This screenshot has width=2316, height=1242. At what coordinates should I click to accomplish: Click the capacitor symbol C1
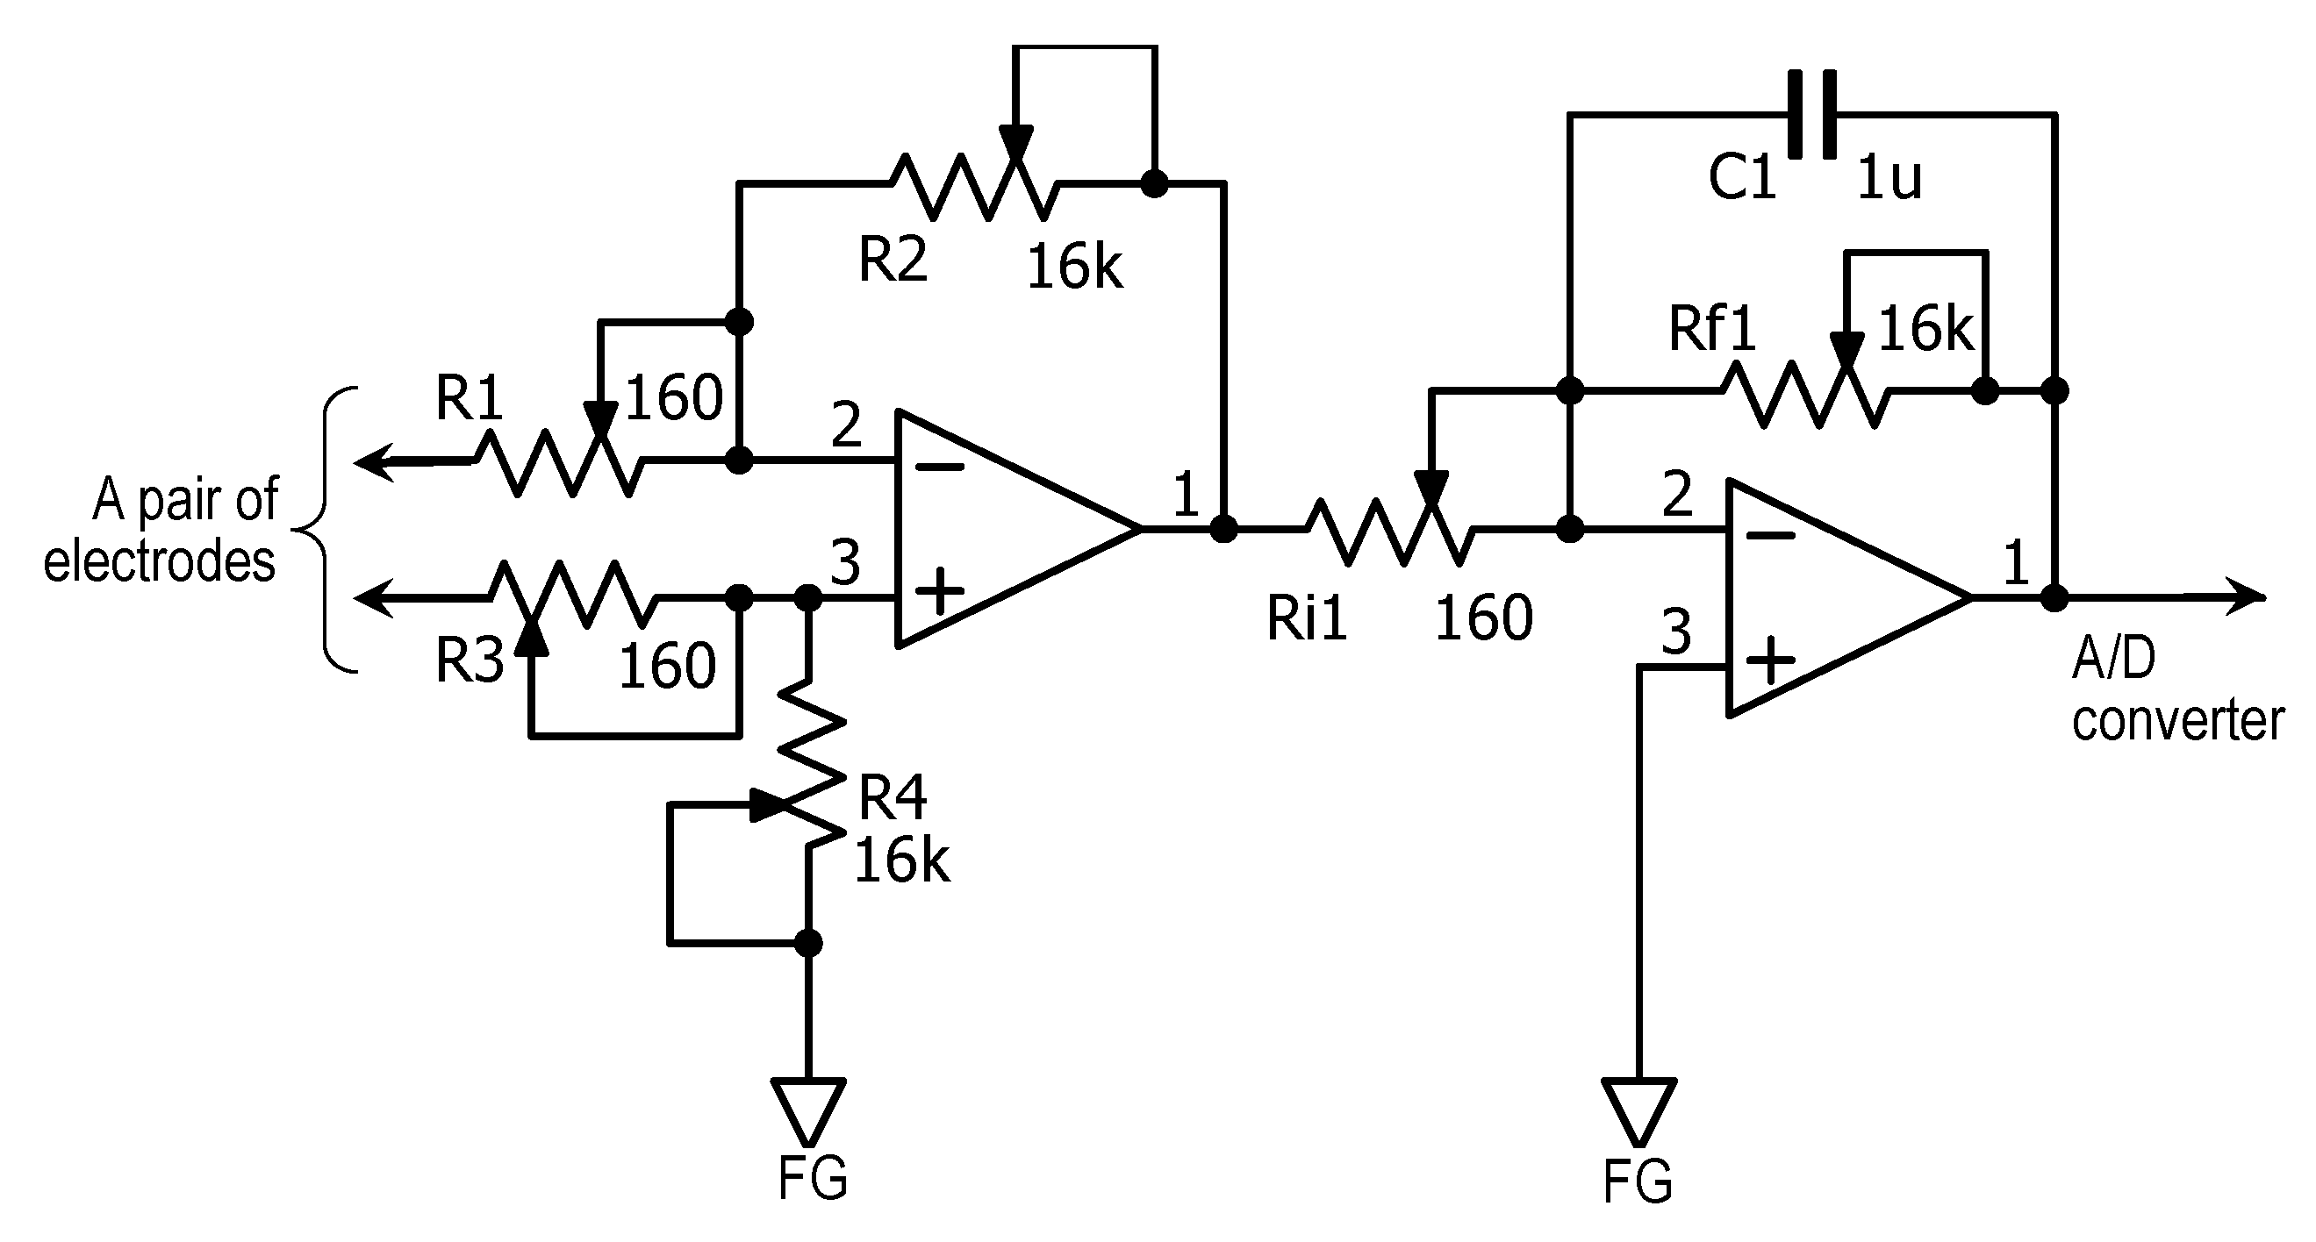[1811, 114]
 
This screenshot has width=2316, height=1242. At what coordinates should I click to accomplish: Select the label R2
[892, 259]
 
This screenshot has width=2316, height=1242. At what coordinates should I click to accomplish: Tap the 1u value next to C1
[1888, 178]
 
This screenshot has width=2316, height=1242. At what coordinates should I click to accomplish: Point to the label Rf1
[1712, 329]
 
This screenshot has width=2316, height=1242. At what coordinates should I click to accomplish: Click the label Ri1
[1307, 618]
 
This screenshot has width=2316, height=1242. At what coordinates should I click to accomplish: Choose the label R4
[892, 798]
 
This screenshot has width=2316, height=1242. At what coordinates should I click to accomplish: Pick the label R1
[469, 397]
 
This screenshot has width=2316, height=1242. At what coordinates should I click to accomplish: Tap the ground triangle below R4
[808, 1110]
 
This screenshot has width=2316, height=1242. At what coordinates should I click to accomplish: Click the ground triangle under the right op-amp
[1638, 1110]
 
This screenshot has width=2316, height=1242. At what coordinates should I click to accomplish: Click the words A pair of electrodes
[161, 531]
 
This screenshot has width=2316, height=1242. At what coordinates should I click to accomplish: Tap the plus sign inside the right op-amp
[1770, 661]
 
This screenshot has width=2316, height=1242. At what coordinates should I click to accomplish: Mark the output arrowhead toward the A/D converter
[2248, 596]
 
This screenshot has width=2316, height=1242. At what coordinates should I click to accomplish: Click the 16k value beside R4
[901, 861]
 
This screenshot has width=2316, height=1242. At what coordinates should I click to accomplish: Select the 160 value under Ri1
[1483, 618]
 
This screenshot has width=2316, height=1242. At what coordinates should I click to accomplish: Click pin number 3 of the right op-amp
[1676, 632]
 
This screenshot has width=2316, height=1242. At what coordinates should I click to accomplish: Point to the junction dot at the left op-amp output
[1223, 528]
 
